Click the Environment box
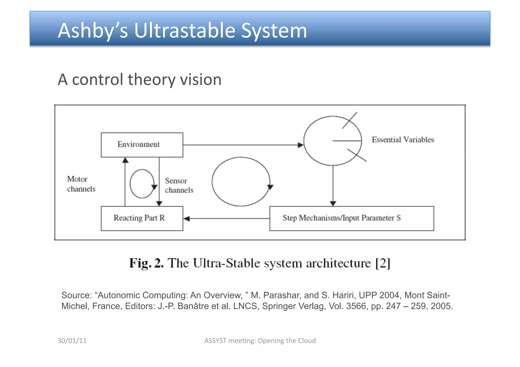click(142, 145)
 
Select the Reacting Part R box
click(142, 218)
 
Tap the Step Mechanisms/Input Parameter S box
click(351, 218)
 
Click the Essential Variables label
click(403, 140)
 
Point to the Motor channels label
click(81, 184)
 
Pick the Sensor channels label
click(179, 185)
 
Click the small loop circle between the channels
click(142, 184)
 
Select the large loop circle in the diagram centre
click(241, 182)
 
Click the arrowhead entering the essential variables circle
click(301, 145)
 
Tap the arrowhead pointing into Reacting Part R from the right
click(187, 219)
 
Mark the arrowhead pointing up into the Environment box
click(125, 160)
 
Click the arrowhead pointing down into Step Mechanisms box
click(333, 203)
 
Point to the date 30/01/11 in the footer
click(72, 340)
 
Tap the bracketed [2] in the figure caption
click(383, 263)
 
